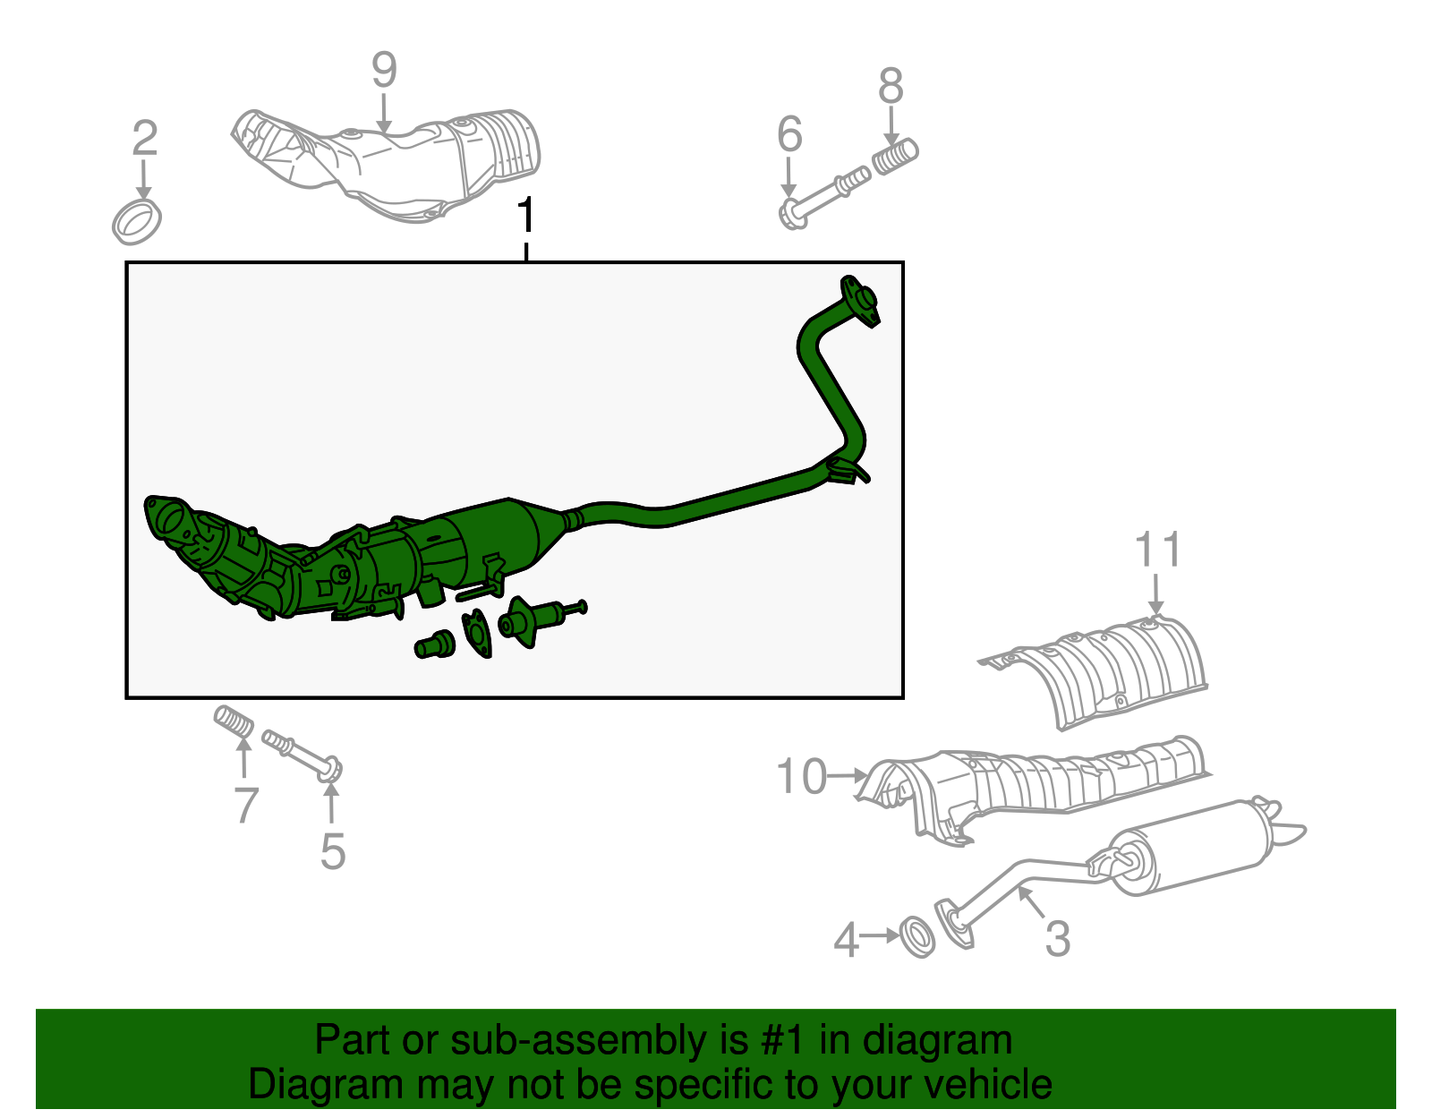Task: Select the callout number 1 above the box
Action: [526, 217]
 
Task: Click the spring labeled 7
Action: [234, 722]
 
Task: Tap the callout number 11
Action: [1158, 550]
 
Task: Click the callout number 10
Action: [801, 776]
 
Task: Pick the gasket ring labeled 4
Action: [916, 935]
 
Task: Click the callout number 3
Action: [1057, 939]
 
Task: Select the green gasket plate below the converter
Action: [477, 633]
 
